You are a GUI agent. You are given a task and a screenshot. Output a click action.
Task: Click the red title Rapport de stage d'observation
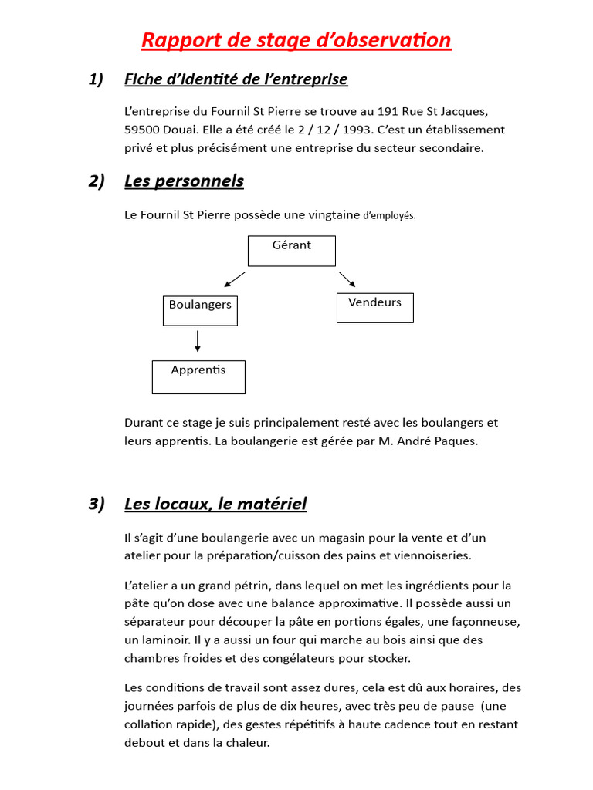point(296,40)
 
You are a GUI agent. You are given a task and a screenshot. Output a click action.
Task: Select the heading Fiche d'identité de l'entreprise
point(236,79)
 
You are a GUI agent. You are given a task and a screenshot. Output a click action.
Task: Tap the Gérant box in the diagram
point(291,251)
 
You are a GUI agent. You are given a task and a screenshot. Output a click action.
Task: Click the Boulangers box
point(200,310)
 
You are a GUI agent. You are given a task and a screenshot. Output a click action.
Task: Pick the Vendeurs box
point(374,307)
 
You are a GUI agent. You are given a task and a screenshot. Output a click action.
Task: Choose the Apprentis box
point(198,376)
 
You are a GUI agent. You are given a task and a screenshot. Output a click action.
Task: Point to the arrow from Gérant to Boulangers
point(234,280)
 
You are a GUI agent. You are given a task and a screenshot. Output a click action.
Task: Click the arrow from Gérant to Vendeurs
point(347,279)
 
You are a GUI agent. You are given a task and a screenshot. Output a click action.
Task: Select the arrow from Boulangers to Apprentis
point(198,341)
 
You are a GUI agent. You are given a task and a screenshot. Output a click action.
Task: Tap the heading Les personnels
point(184,181)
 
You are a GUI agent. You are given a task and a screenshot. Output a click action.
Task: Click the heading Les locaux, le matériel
point(215,504)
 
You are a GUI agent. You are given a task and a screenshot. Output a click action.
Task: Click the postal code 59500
point(141,130)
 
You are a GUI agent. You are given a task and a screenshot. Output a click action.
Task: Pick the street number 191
point(391,111)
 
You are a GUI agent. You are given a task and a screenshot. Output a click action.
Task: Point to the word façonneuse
point(484,621)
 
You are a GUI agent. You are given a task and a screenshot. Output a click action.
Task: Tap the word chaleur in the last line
point(246,743)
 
